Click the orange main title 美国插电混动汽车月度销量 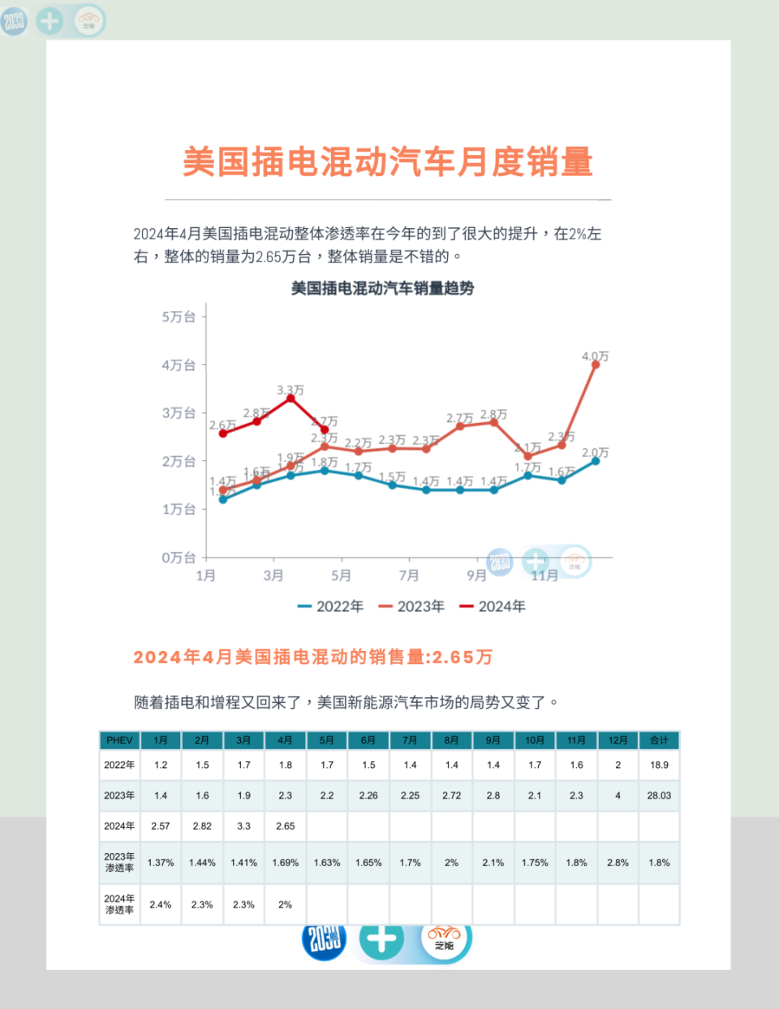point(388,162)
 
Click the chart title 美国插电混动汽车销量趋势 point(382,288)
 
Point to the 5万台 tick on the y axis point(179,317)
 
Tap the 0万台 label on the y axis point(179,558)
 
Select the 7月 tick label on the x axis point(409,576)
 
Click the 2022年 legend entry point(331,606)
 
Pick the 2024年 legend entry point(493,606)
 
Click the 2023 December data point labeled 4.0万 point(596,364)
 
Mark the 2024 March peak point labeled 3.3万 point(291,399)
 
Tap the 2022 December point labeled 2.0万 point(596,461)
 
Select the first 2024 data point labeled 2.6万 point(223,433)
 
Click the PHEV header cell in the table point(119,740)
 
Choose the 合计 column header point(659,740)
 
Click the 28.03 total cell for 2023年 point(659,796)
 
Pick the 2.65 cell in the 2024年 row point(285,826)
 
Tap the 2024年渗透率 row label point(119,904)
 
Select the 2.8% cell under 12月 point(618,863)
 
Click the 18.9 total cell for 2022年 point(659,765)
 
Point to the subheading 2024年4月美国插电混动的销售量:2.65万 point(313,657)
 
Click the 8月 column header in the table point(451,740)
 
